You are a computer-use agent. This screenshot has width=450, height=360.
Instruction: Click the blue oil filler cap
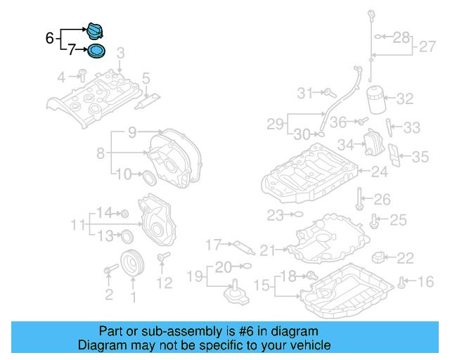pos(94,31)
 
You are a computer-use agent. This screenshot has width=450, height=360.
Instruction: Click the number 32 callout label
pos(405,99)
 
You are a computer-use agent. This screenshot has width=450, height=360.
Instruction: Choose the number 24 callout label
pos(380,172)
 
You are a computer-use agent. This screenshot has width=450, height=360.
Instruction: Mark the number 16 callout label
pos(426,283)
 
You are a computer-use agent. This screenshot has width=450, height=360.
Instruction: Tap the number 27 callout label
pos(427,47)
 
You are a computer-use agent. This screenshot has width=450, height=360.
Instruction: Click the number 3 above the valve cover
pos(120,53)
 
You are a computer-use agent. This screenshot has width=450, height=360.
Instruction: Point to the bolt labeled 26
pos(359,198)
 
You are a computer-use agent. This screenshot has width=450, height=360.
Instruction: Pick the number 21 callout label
pos(269,250)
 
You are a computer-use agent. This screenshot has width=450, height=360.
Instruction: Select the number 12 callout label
pos(164,283)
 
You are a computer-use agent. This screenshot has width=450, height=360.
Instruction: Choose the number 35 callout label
pos(420,156)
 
